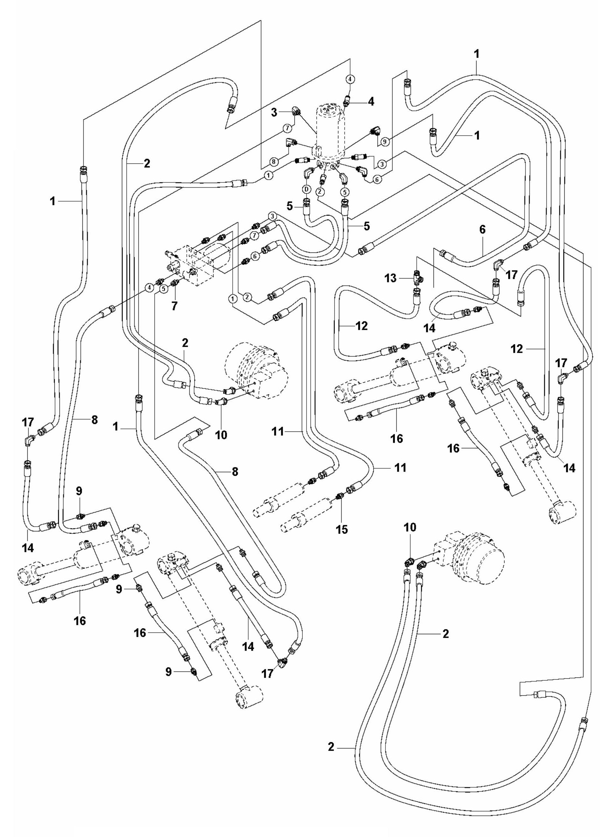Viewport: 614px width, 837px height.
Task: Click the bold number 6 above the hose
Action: tap(482, 229)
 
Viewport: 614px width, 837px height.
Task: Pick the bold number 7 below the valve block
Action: tap(174, 305)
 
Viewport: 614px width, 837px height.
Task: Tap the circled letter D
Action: tap(306, 189)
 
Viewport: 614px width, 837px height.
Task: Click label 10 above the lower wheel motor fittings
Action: tap(411, 527)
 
